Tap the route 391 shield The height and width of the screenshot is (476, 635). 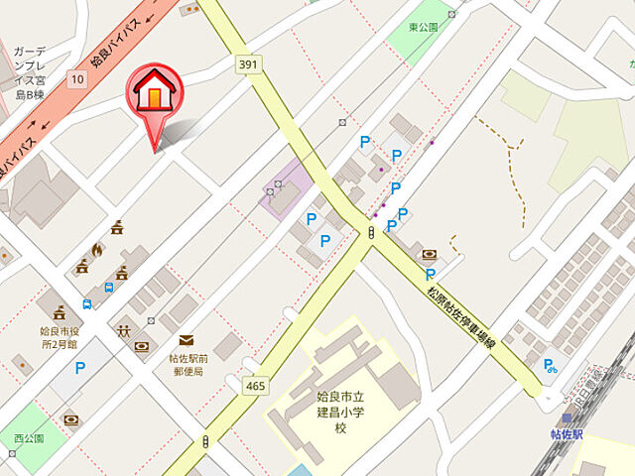(248, 64)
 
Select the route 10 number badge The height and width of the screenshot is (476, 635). (76, 77)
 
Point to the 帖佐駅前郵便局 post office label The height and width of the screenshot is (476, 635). (187, 364)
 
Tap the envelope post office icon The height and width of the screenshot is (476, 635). (186, 340)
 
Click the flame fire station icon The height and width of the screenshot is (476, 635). (96, 249)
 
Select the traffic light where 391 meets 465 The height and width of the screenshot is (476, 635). (370, 234)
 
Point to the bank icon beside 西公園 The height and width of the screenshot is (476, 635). (70, 421)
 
